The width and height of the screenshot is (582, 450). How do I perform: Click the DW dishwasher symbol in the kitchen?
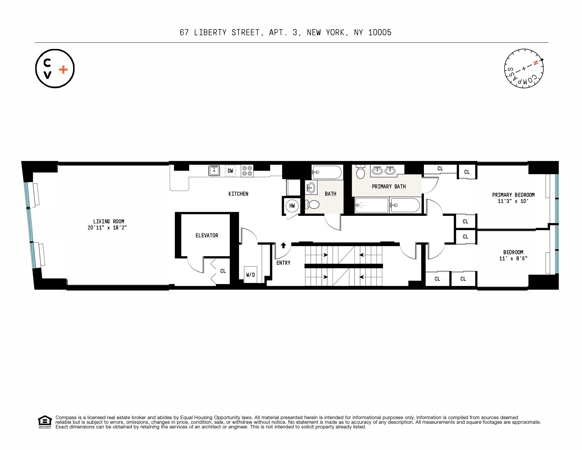[230, 171]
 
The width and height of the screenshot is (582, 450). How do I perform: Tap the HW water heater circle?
[292, 206]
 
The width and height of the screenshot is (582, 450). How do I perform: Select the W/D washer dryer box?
[250, 275]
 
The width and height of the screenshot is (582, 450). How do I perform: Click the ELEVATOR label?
[207, 235]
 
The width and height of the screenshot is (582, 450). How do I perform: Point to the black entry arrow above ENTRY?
[283, 245]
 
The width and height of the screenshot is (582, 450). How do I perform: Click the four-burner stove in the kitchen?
[247, 171]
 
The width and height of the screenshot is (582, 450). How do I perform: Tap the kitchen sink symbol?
[214, 171]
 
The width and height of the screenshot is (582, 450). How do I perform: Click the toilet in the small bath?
[312, 204]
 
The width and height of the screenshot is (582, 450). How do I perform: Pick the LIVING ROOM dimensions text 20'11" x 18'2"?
[107, 228]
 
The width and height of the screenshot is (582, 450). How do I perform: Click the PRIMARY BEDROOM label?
[513, 195]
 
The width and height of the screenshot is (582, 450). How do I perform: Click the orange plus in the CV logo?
[63, 70]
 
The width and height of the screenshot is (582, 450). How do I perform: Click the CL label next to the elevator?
[223, 271]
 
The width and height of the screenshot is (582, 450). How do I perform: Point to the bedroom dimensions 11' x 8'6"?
[513, 258]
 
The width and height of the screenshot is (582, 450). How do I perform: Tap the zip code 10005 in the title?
[380, 32]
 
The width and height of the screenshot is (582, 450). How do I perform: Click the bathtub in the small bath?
[326, 172]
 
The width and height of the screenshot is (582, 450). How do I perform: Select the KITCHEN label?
[238, 194]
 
